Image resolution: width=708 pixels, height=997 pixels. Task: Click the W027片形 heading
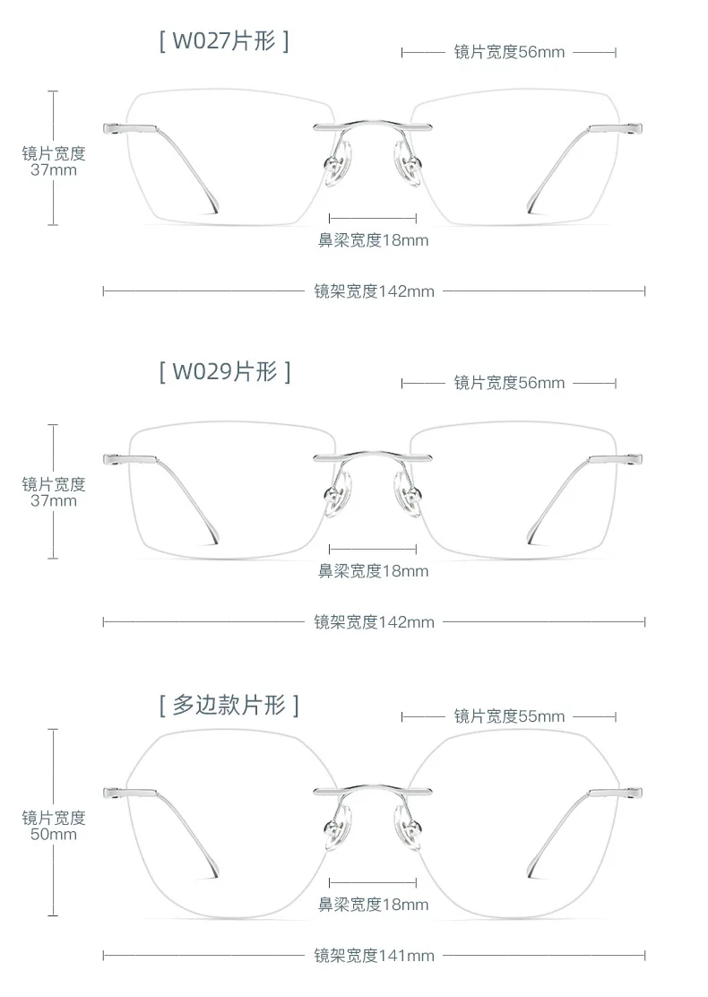coord(224,41)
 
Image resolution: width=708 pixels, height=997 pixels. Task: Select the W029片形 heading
coord(225,372)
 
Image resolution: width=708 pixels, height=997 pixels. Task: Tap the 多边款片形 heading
coord(229,705)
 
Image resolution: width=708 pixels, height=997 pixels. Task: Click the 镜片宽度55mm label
coord(509,716)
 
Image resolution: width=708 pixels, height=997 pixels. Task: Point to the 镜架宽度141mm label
coord(375,955)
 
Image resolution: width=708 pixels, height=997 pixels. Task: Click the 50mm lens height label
coord(54,834)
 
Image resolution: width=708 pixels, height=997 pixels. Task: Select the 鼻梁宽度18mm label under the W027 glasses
coord(373,240)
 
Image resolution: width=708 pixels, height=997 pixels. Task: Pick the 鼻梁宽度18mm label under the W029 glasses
coord(373,571)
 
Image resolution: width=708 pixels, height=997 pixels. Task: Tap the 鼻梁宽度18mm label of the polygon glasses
coord(373,904)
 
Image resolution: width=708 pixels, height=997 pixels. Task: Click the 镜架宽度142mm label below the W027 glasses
coord(375,291)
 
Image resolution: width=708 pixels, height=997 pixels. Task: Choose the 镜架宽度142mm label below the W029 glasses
coord(375,622)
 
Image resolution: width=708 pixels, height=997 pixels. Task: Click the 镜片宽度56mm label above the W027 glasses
coord(509,52)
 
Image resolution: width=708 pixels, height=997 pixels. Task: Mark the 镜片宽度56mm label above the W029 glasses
coord(509,383)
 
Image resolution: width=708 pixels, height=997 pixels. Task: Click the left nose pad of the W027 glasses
coord(339,165)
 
